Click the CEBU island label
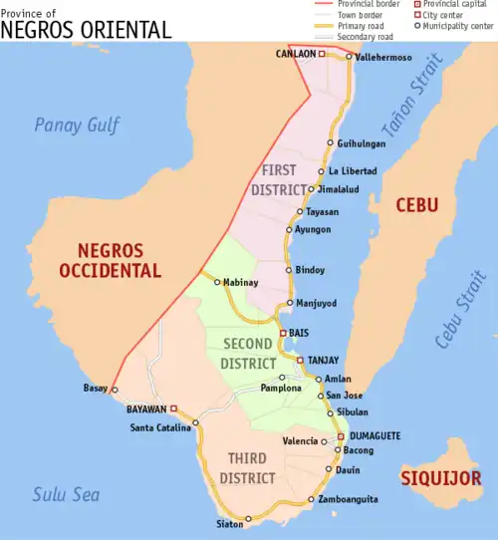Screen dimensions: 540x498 point(416,205)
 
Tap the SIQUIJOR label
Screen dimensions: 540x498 point(436,478)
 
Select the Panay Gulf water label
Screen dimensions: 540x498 point(77,126)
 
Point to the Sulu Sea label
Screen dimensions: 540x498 point(63,492)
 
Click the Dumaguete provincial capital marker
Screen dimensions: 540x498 point(341,435)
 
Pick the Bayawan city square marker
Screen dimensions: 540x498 point(173,408)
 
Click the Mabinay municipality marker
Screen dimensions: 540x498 point(217,282)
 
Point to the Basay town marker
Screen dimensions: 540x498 point(115,390)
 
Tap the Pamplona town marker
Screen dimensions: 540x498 point(282,378)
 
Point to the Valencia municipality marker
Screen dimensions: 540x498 point(323,440)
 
